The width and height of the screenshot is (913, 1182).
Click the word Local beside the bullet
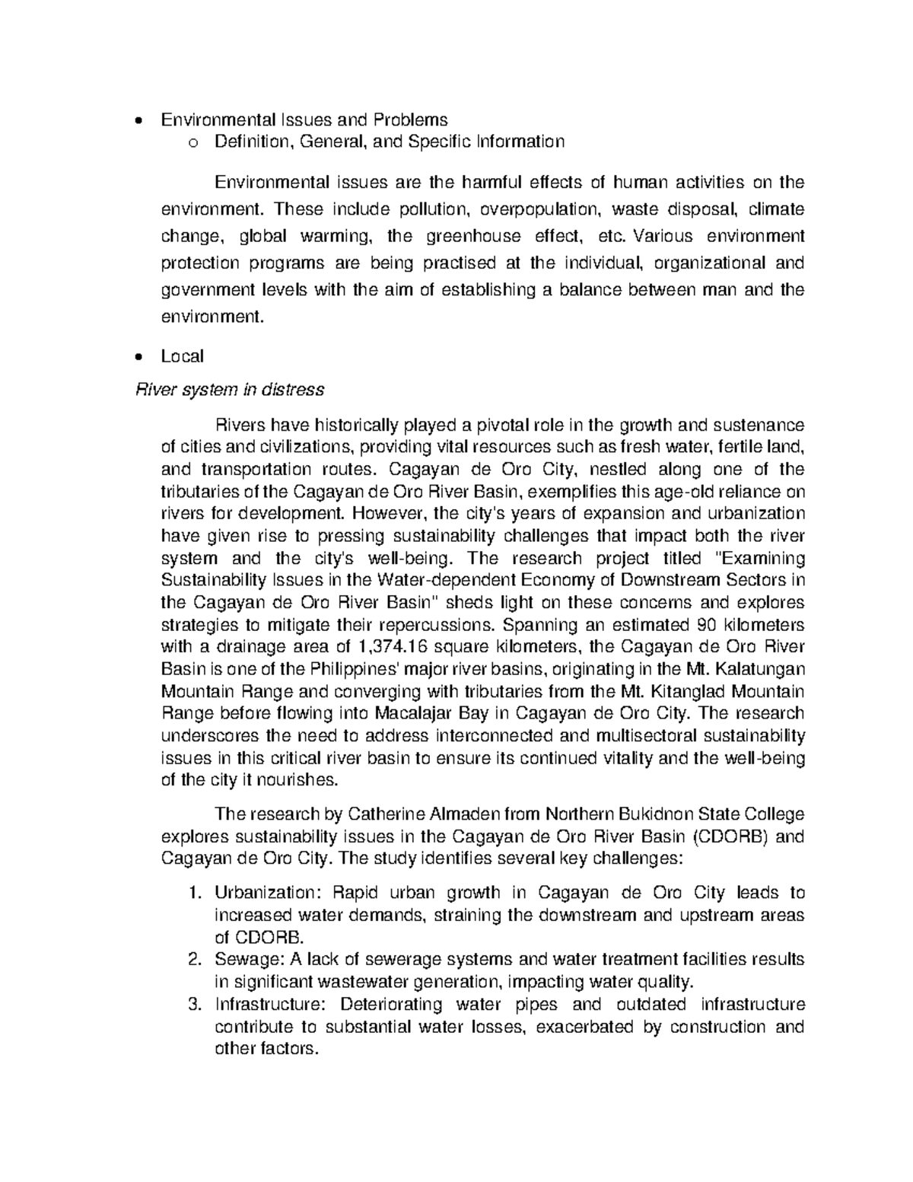(182, 356)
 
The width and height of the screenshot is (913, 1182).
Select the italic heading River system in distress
(229, 390)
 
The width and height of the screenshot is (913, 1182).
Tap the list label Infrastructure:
(270, 1005)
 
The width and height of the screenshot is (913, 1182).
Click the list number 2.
(194, 959)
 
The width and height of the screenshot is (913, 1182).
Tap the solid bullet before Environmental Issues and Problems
(137, 120)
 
